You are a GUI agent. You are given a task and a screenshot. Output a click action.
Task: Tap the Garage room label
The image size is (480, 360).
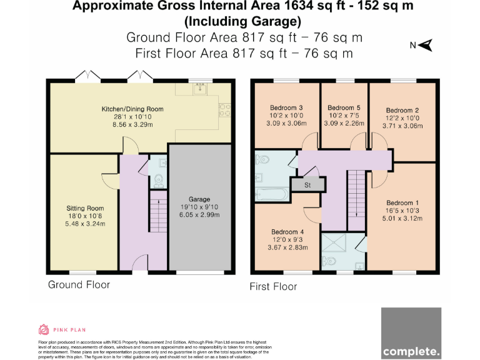[199, 199]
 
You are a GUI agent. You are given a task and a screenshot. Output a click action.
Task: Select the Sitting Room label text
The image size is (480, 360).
[85, 208]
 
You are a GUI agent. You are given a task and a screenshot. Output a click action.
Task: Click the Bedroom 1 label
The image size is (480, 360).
[402, 203]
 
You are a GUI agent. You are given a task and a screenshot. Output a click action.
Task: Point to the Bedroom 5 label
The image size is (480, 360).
[344, 107]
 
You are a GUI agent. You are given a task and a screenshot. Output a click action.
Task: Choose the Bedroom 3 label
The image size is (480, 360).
[286, 107]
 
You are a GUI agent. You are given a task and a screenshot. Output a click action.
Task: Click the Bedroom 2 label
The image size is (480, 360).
[402, 110]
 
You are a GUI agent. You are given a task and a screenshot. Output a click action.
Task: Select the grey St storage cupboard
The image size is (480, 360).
[307, 185]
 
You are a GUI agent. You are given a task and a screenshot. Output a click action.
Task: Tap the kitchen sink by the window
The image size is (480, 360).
[199, 89]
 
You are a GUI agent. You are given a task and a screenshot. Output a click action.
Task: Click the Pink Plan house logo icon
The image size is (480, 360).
[44, 329]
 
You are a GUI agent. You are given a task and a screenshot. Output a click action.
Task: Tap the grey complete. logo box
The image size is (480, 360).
[411, 332]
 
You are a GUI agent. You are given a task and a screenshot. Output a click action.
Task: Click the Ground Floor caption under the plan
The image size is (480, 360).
[79, 285]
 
